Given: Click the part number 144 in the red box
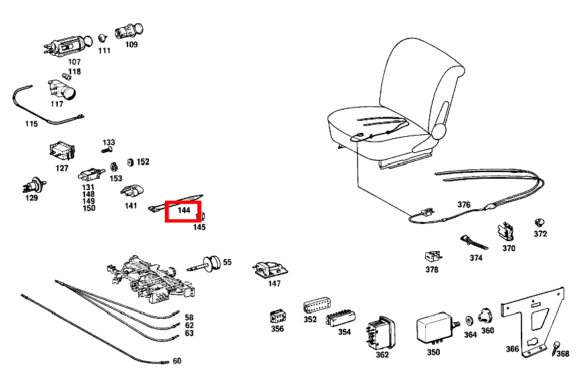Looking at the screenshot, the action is [184, 211].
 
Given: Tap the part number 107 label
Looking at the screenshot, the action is [74, 62].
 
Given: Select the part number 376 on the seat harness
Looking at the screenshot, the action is [464, 205].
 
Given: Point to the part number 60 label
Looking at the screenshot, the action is [177, 361].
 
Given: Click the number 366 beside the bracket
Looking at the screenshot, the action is [512, 349].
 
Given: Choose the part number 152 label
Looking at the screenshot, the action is [143, 162].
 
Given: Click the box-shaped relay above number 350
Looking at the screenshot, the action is [435, 327].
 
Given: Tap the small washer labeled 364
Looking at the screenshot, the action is [469, 320].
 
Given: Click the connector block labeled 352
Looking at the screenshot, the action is [317, 305].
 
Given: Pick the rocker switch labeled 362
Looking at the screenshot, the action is [381, 333].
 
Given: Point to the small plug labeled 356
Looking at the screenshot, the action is [278, 316].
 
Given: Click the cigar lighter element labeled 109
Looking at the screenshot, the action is [128, 31].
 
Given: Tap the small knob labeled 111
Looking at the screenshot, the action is [103, 38].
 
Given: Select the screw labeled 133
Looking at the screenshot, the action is [106, 150].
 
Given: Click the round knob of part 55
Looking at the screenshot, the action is [211, 264].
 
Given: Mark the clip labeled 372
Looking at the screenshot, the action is [539, 223].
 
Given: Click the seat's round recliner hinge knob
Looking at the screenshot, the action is [438, 132].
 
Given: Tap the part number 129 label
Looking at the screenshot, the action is [31, 198].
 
